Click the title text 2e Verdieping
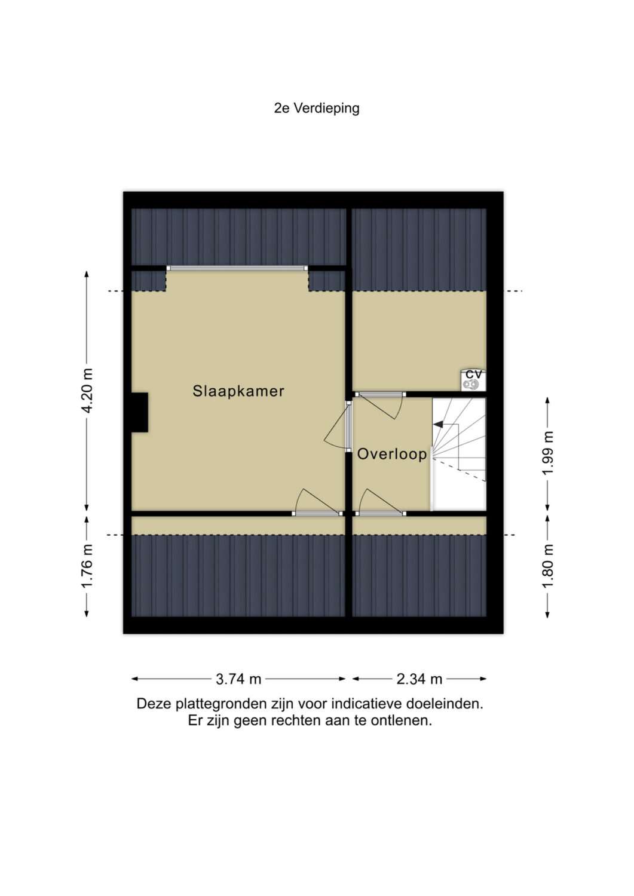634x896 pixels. point(317,108)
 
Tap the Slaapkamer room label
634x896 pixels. point(238,391)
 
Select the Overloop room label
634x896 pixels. point(392,454)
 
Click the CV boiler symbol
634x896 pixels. point(473,380)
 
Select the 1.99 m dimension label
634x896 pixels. point(547,453)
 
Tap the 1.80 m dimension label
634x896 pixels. point(547,566)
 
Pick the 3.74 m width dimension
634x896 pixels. point(238,679)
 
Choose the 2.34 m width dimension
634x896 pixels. point(419,679)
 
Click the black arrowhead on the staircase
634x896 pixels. point(438,424)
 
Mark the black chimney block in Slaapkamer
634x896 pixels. point(140,412)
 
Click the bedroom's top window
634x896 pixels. point(237,268)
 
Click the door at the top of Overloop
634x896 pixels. point(380,405)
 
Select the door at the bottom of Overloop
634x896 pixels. point(380,502)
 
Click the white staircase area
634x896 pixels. point(459,455)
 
